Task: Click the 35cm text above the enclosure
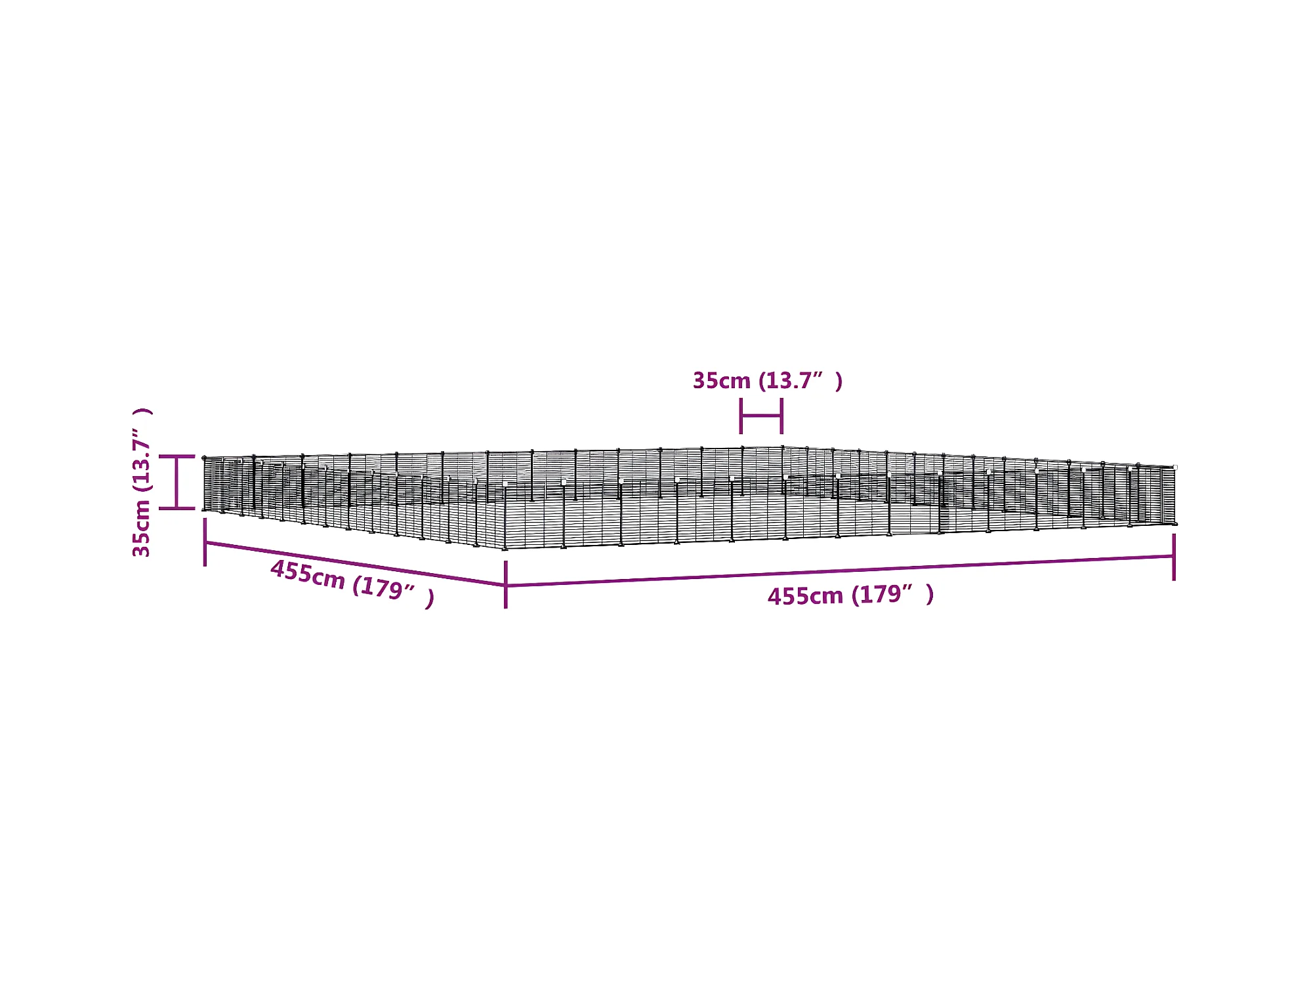point(721,381)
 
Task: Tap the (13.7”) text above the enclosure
point(800,380)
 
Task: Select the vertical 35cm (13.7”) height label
point(142,482)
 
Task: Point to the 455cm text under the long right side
point(805,596)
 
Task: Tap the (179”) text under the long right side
point(892,594)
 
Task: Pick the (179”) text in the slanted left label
point(393,590)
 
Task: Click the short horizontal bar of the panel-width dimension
point(761,416)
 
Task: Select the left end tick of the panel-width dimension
point(741,416)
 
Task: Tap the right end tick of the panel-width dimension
point(781,416)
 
